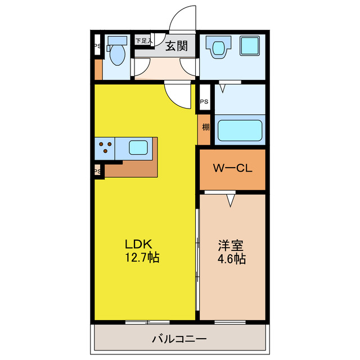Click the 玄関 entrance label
177,46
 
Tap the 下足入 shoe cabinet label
144,41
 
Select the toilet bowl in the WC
118,55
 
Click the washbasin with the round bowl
218,47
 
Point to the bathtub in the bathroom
240,130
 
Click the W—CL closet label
232,168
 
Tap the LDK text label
138,244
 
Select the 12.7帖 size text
142,258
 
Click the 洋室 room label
231,245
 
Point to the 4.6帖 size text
231,259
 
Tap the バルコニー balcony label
179,339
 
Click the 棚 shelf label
205,127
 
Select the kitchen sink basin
138,147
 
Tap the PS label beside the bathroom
204,101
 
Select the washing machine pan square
250,46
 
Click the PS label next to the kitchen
97,171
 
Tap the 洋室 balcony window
230,322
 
